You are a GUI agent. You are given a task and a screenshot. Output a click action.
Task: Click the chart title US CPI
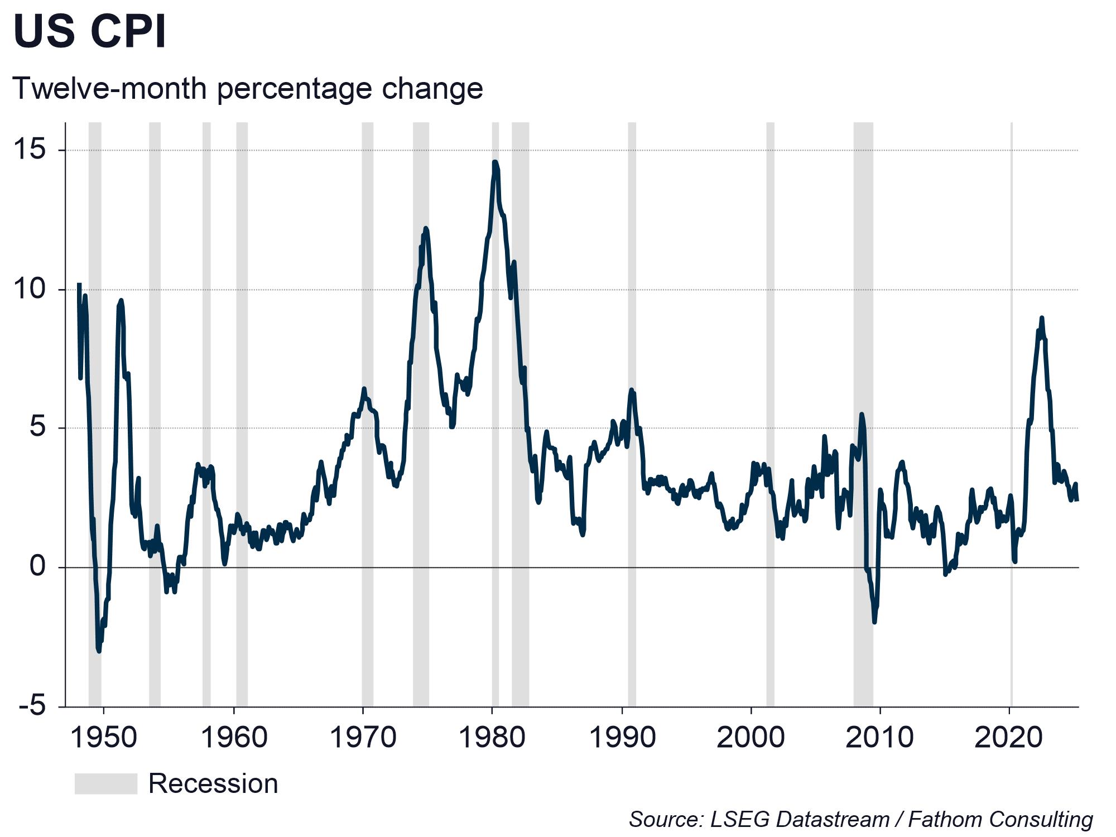[89, 31]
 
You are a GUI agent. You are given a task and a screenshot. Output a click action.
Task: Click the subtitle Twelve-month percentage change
[247, 89]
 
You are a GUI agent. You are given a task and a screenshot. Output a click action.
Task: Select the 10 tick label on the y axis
[31, 289]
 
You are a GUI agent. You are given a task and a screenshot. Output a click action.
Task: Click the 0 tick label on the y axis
[37, 566]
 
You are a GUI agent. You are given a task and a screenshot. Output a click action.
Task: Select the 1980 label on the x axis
[492, 738]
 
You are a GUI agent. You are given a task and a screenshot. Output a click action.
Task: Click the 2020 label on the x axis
[1009, 738]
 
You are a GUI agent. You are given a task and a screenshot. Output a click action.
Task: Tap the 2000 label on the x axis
[751, 738]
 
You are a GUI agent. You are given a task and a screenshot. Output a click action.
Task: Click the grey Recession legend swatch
[105, 783]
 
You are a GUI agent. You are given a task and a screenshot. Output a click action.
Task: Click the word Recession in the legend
[213, 783]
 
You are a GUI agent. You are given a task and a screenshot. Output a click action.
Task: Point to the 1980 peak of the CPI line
[495, 162]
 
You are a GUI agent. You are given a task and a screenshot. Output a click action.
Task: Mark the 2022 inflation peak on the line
[1041, 318]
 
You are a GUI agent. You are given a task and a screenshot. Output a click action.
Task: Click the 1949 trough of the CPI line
[99, 651]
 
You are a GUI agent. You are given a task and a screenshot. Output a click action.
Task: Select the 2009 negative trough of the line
[874, 622]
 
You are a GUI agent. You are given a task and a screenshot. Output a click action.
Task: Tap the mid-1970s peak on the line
[426, 228]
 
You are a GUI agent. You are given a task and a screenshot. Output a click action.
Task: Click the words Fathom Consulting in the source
[1000, 819]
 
